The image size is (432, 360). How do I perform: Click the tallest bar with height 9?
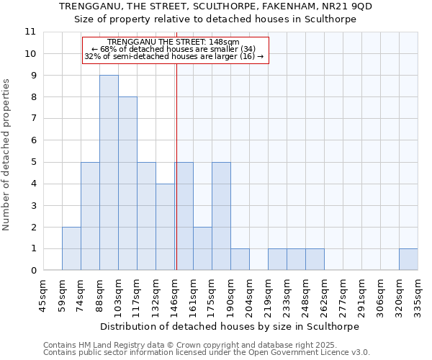(109, 173)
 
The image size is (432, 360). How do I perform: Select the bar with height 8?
(127, 184)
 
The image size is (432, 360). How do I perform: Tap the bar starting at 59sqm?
(71, 248)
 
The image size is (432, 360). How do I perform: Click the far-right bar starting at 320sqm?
(408, 259)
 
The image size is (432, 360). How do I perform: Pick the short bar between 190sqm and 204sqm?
(240, 259)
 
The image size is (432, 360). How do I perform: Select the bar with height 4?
(165, 227)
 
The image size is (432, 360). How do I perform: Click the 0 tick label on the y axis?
(33, 271)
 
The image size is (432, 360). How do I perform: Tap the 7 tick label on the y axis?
(33, 119)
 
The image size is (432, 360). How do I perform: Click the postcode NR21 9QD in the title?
(352, 6)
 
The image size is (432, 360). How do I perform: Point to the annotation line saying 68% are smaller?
(174, 49)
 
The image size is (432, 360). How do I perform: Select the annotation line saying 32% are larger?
(174, 56)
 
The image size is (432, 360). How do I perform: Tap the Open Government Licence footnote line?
(207, 353)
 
